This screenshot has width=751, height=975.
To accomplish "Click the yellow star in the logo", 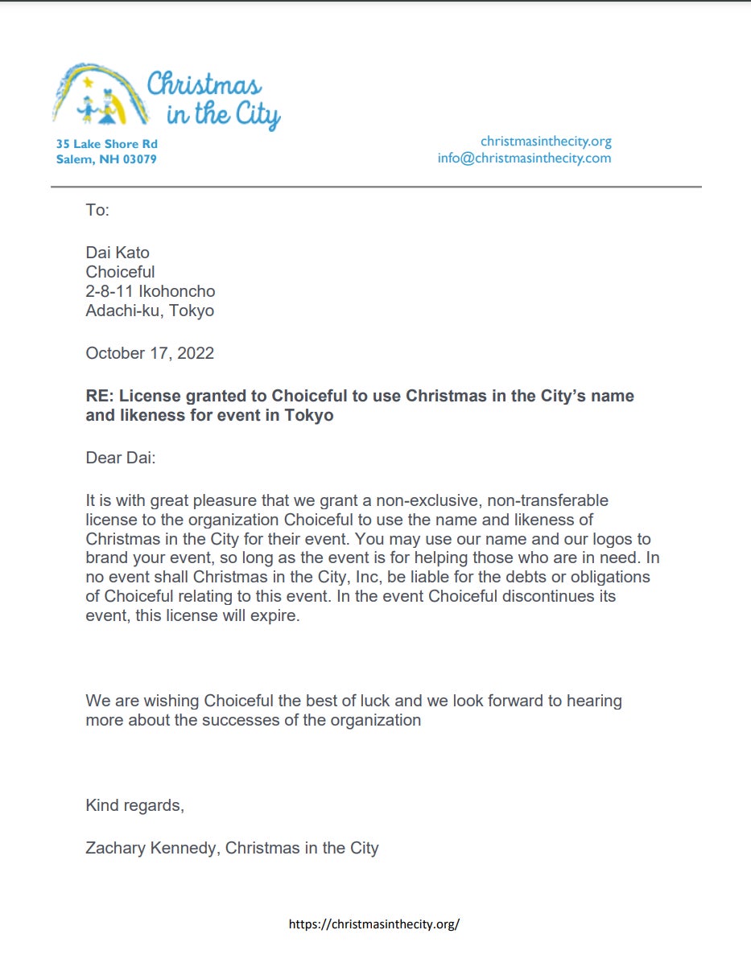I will click(x=88, y=81).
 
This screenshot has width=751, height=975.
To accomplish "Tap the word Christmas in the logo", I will click(x=204, y=85).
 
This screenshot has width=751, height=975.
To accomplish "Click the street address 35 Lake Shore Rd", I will click(x=106, y=144).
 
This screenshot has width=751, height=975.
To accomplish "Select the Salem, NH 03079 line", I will click(x=106, y=159).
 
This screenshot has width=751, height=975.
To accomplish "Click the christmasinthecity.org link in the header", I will click(x=546, y=142).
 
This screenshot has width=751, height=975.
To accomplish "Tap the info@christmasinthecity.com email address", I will click(x=524, y=158).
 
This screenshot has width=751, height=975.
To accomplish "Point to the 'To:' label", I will click(x=97, y=211).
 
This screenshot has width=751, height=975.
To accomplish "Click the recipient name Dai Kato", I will click(x=118, y=253).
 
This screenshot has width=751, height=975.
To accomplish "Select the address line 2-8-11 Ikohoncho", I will click(x=151, y=291).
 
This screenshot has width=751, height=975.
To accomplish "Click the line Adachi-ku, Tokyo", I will click(x=150, y=311).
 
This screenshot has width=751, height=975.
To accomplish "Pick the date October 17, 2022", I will click(x=150, y=352).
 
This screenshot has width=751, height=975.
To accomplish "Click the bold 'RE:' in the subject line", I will click(x=99, y=396).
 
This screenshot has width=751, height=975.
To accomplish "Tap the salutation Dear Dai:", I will click(x=120, y=459).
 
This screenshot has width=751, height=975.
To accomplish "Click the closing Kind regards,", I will click(x=134, y=805).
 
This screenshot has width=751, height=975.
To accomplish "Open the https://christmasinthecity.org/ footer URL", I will click(x=374, y=924).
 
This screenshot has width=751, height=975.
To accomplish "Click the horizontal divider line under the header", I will click(x=376, y=187).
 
